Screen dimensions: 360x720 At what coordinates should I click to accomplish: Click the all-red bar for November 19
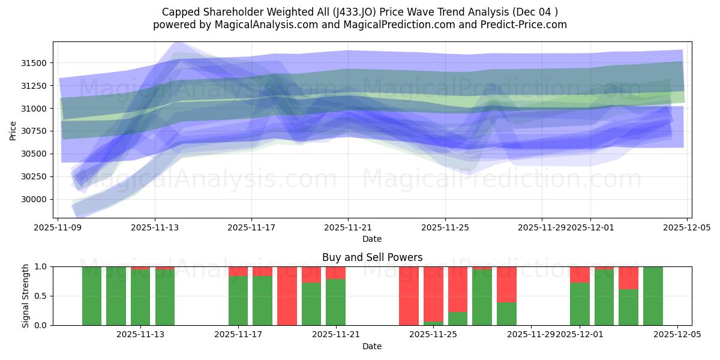pyautogui.click(x=287, y=296)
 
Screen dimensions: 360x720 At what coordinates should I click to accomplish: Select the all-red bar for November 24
pyautogui.click(x=409, y=296)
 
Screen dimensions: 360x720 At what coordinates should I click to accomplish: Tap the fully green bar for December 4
pyautogui.click(x=653, y=296)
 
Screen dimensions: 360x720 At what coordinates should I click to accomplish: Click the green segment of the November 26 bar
pyautogui.click(x=482, y=298)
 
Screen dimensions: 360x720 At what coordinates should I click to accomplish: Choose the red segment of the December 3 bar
pyautogui.click(x=628, y=278)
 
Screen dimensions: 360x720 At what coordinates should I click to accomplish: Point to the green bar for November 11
pyautogui.click(x=116, y=296)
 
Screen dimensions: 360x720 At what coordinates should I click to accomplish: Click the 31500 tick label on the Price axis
pyautogui.click(x=35, y=63)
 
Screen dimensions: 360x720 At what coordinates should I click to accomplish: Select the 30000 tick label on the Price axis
pyautogui.click(x=35, y=199)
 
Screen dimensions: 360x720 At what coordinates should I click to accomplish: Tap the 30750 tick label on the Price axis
pyautogui.click(x=35, y=131)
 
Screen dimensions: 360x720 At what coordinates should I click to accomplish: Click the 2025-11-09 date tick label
pyautogui.click(x=58, y=228)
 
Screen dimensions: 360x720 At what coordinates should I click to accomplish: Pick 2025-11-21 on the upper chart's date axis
pyautogui.click(x=348, y=228)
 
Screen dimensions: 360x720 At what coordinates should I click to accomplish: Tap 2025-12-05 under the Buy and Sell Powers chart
pyautogui.click(x=677, y=335)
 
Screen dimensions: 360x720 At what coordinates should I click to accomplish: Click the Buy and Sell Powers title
pyautogui.click(x=372, y=257)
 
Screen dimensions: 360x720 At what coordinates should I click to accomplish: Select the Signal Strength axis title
pyautogui.click(x=26, y=296)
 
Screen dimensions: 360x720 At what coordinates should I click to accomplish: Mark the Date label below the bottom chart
pyautogui.click(x=372, y=346)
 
